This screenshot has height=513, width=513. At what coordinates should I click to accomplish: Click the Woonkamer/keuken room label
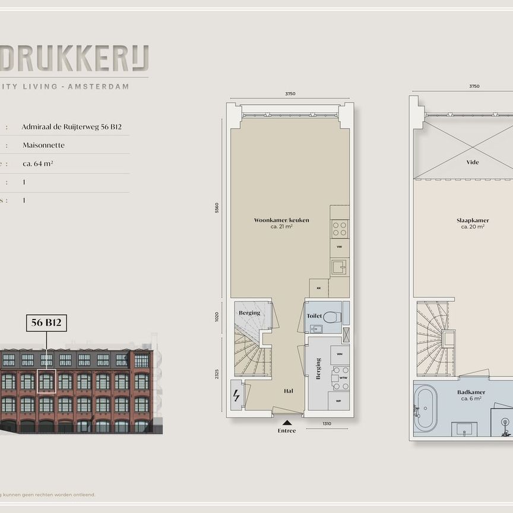tap(281, 220)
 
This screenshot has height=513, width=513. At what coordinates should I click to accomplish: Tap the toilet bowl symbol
tap(331, 316)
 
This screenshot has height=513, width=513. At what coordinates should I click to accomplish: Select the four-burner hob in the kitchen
tap(340, 229)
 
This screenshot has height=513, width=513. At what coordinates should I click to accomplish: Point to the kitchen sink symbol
tap(338, 267)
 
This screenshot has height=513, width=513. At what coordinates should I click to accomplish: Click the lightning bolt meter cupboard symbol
tap(236, 395)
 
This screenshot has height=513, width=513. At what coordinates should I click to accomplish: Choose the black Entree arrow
tap(286, 423)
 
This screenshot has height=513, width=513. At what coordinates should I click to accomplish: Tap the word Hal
tap(289, 391)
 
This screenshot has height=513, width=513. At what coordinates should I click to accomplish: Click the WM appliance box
tap(340, 354)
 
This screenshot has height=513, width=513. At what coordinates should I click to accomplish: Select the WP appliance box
tap(340, 400)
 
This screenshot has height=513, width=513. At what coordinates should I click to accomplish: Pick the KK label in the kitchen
tap(319, 288)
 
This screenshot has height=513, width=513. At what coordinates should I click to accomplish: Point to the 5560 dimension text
tap(217, 208)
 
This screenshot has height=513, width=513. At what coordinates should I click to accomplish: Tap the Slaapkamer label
tap(473, 220)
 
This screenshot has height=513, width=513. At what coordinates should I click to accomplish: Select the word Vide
tap(473, 162)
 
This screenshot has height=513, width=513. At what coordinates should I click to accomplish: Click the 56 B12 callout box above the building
tap(46, 323)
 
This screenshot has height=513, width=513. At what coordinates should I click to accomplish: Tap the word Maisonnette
tap(43, 145)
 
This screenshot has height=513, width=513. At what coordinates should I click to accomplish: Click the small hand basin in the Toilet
tap(315, 328)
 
